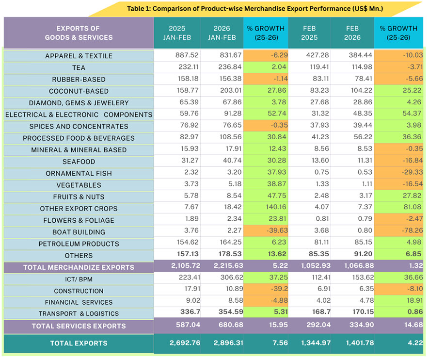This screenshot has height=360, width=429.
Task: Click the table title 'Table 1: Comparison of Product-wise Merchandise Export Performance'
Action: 254,8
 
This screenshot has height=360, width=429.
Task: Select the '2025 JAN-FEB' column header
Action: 177,33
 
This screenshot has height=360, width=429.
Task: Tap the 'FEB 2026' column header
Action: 352,33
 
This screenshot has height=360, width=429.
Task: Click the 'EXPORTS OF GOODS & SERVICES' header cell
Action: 79,33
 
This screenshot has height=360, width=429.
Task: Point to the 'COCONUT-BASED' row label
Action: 79,91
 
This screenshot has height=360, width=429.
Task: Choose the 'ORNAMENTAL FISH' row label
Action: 79,174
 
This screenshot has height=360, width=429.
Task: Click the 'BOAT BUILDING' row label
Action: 79,232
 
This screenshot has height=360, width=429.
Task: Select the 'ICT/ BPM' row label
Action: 79,279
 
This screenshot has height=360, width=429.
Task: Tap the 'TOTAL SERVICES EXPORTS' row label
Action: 79,326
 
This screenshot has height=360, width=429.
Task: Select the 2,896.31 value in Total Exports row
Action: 222,343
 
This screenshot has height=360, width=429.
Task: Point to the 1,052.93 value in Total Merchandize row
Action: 309,267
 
